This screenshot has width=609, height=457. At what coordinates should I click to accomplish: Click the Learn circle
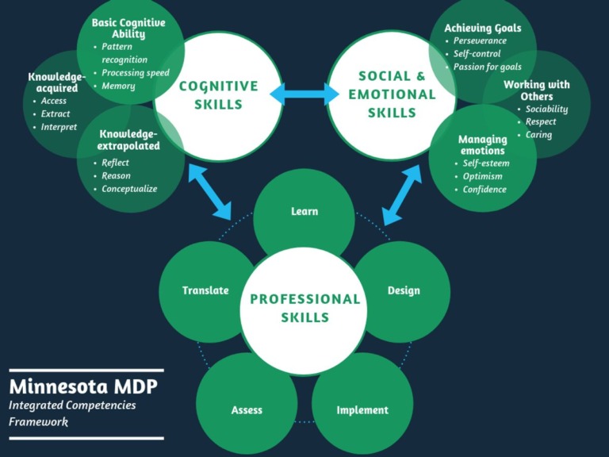coord(304,212)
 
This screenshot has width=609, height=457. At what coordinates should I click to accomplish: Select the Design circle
coord(403,290)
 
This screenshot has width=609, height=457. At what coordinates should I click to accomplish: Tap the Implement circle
coord(362,410)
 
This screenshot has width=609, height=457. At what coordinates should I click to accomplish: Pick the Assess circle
coord(247,410)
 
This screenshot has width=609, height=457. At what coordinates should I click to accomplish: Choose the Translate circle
coord(205,290)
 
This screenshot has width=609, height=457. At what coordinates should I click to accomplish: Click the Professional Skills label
coord(304,309)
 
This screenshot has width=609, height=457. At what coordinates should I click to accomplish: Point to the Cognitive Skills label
coord(218,95)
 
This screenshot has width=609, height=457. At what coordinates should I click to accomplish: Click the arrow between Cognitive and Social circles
coord(304,95)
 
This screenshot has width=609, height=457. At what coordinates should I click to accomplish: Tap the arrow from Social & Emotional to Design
coord(402,196)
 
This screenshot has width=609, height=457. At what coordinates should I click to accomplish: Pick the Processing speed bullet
coord(136,73)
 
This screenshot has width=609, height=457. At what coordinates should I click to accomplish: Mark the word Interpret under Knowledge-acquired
coord(59,127)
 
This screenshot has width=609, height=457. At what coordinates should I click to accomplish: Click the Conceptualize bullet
coord(129,189)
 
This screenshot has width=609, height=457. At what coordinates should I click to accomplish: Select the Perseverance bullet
coord(480,41)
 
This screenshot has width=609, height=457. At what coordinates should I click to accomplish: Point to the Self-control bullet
coord(477,54)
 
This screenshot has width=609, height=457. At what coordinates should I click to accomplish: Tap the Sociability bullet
coord(546,109)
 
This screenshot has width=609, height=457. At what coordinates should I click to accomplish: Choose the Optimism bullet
coord(483,176)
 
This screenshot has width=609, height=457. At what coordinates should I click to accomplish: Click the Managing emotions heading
coord(482,145)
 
